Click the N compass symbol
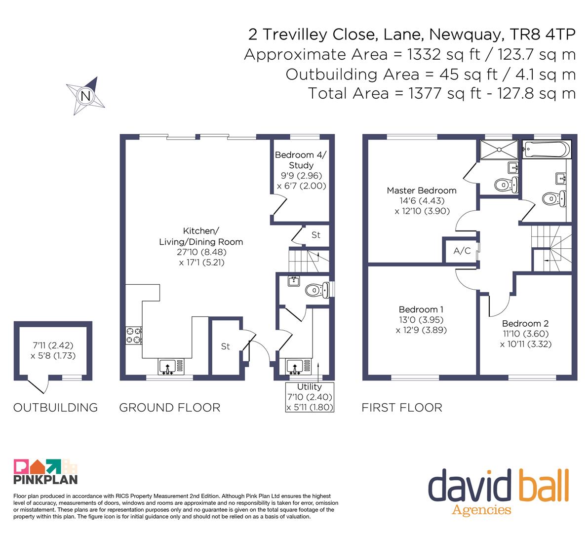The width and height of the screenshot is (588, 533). [85, 96]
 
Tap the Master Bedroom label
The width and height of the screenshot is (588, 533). [422, 190]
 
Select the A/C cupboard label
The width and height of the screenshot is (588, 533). [462, 251]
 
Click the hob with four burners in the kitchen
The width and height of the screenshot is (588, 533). [133, 336]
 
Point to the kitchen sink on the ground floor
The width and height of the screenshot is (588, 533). [171, 367]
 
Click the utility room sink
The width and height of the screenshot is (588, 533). [299, 367]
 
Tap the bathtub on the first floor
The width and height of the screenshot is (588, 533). [547, 149]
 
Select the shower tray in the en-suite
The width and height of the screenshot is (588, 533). [499, 150]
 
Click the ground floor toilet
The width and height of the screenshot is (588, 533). [317, 290]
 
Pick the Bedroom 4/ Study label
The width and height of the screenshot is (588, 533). [301, 160]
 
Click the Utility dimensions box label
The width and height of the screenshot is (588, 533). [310, 397]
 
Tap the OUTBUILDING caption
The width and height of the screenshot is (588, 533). [55, 408]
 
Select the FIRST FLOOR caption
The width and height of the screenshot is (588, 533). [402, 408]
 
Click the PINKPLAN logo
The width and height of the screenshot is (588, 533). [45, 471]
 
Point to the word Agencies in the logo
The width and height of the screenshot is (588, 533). [481, 510]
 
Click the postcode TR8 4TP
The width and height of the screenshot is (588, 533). [543, 35]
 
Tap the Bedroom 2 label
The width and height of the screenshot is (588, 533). [525, 323]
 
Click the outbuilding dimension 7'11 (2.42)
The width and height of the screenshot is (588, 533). [53, 345]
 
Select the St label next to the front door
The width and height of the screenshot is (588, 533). [225, 346]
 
